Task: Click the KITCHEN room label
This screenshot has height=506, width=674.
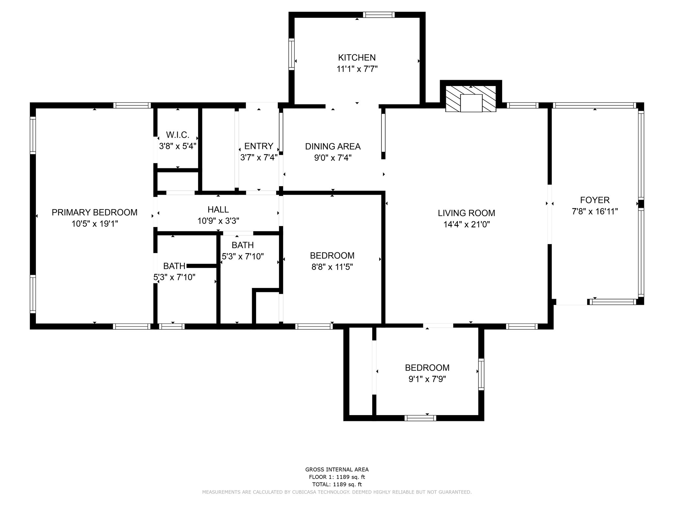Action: [357, 58]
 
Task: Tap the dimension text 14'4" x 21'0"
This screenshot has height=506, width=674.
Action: [466, 225]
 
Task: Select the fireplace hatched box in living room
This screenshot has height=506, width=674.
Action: [471, 99]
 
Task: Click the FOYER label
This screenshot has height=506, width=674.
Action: [595, 200]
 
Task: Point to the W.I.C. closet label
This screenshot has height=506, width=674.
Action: [177, 135]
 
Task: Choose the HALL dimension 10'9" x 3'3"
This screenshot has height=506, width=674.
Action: [218, 221]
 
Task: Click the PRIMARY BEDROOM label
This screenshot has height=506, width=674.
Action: [94, 212]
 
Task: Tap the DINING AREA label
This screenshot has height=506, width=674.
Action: [333, 146]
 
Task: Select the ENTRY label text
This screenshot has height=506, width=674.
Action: [259, 146]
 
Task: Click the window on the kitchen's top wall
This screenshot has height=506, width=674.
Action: [379, 15]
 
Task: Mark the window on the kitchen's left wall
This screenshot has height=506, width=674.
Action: [291, 54]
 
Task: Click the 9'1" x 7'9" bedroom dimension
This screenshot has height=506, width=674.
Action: [427, 379]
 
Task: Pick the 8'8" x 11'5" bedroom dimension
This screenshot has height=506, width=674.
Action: [332, 267]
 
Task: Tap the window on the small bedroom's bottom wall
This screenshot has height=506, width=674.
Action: [420, 418]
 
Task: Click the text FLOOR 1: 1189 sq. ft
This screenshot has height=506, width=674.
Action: [337, 477]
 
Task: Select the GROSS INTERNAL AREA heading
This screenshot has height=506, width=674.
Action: [337, 469]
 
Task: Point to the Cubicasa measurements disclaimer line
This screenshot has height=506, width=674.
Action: [337, 492]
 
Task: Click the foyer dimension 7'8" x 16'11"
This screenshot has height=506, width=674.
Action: [595, 211]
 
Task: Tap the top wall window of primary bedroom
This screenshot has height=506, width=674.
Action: [132, 105]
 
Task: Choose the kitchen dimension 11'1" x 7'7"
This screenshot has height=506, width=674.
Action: [357, 69]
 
